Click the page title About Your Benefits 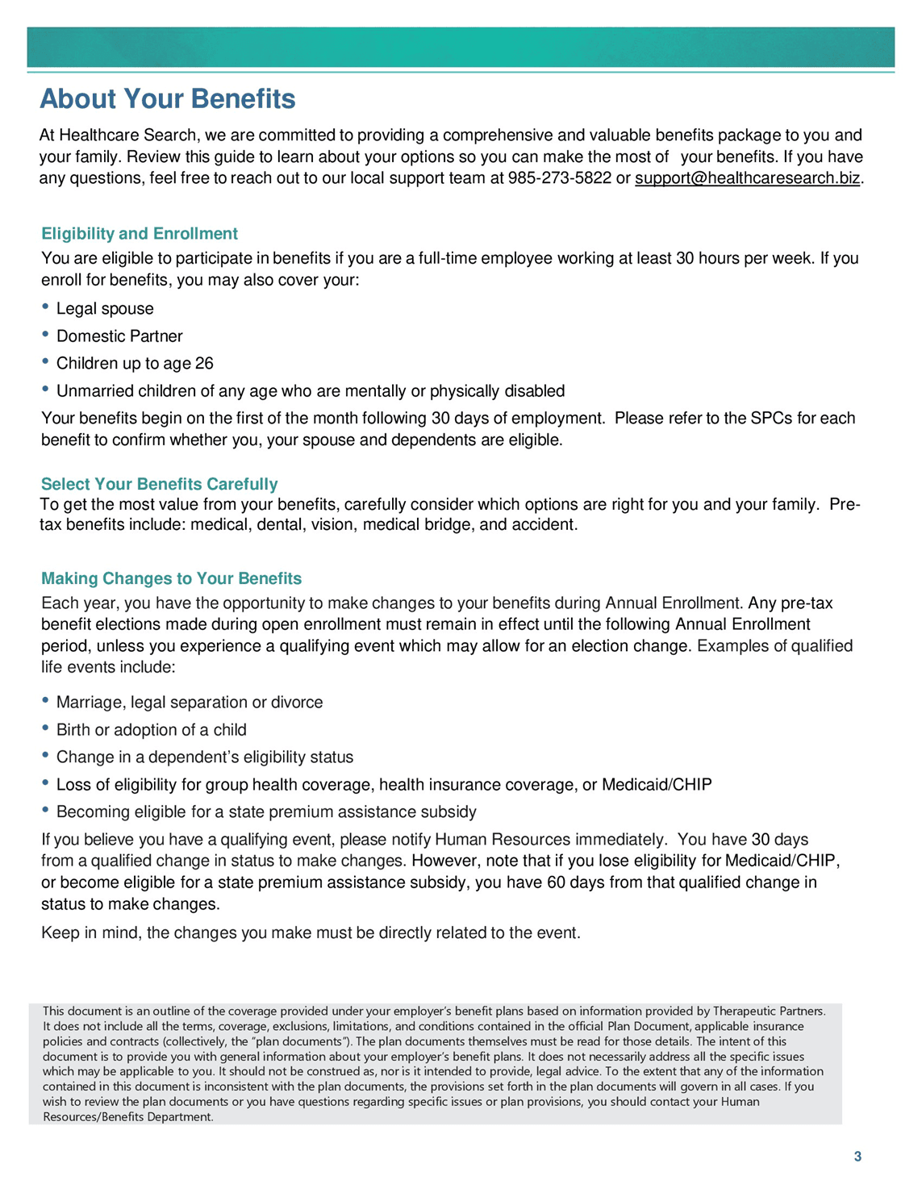click(168, 99)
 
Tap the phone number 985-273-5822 click(560, 178)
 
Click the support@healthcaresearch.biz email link click(747, 178)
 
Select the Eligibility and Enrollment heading click(140, 234)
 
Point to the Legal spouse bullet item click(105, 309)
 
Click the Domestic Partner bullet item click(119, 336)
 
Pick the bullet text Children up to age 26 click(135, 364)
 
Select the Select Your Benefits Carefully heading click(160, 484)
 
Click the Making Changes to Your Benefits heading click(172, 578)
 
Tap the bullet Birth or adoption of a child click(152, 730)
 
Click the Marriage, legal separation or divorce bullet click(190, 703)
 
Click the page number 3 click(857, 1157)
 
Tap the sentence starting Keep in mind click(311, 933)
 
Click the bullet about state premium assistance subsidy click(266, 812)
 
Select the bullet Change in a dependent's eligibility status click(205, 757)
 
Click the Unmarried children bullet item click(311, 391)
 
